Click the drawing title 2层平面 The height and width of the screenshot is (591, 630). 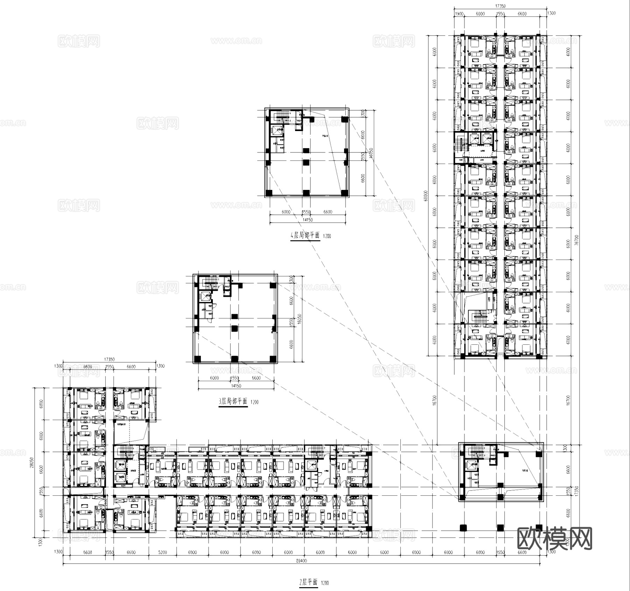pos(308,583)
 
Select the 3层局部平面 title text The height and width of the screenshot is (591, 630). pos(233,401)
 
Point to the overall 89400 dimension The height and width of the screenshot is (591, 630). pos(301,561)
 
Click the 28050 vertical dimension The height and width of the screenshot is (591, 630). pos(32,462)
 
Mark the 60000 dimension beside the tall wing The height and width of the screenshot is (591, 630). pos(426,196)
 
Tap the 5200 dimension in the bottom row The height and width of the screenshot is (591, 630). pos(162,552)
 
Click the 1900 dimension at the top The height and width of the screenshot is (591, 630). pos(459,14)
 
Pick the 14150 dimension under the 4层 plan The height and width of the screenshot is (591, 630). pos(307,220)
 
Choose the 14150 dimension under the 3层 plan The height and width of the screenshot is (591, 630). pos(236,386)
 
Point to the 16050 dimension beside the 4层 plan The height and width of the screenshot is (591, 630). pos(371,153)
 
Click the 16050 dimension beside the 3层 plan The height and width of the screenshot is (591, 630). pos(299,319)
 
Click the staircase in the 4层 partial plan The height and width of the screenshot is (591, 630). pos(282,116)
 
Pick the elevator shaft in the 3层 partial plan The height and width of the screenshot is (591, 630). pos(206,296)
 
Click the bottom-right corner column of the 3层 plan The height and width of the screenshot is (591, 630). pos(272,359)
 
